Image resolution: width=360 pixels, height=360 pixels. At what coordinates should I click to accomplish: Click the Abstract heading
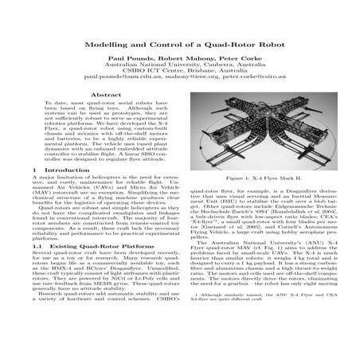pyautogui.click(x=96, y=115)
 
